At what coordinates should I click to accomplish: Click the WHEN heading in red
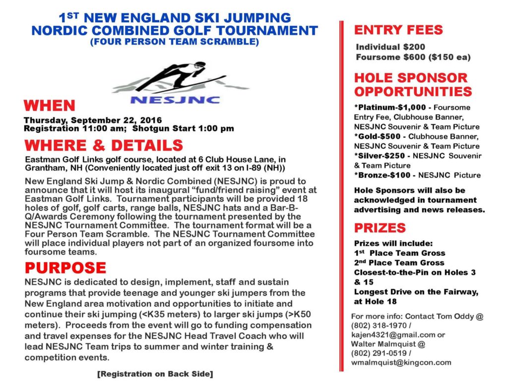pyautogui.click(x=49, y=106)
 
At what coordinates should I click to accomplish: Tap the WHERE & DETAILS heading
pyautogui.click(x=103, y=146)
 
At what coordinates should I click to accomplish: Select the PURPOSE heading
pyautogui.click(x=65, y=268)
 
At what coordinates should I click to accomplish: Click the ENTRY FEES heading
pyautogui.click(x=398, y=30)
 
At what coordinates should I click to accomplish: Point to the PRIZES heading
pyautogui.click(x=380, y=228)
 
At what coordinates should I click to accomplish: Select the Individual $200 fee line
pyautogui.click(x=390, y=47)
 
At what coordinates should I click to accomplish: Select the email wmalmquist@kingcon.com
pyautogui.click(x=401, y=362)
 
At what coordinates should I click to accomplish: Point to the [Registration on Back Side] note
pyautogui.click(x=155, y=374)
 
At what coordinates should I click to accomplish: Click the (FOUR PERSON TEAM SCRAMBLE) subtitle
pyautogui.click(x=174, y=42)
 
